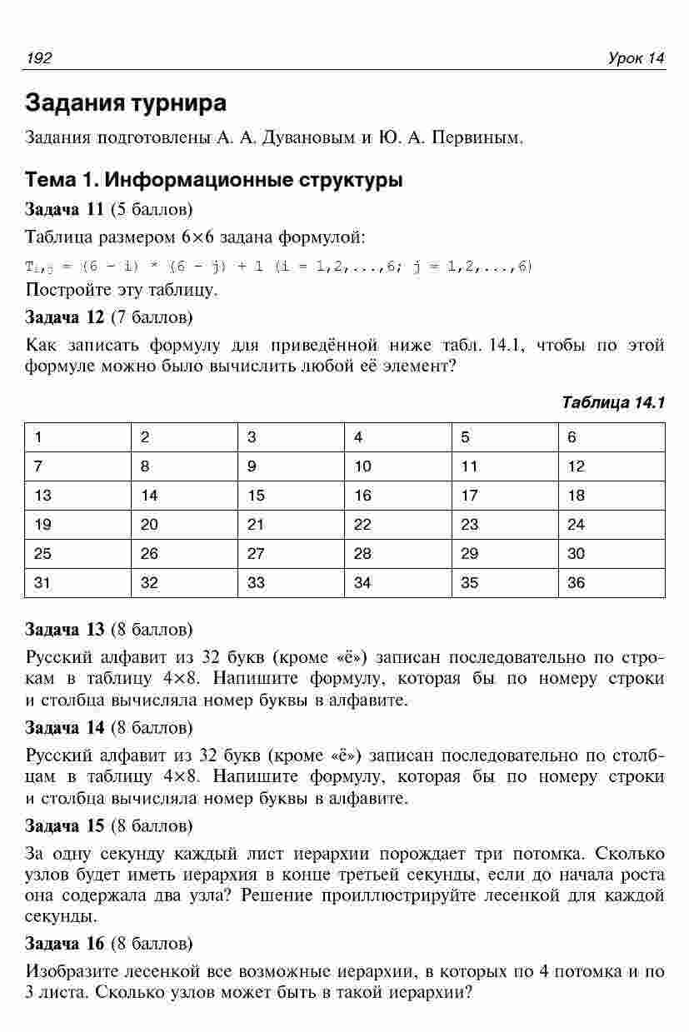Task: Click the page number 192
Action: click(x=39, y=57)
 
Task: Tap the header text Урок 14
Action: click(x=637, y=57)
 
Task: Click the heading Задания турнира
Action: click(x=126, y=104)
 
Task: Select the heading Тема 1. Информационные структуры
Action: click(x=214, y=180)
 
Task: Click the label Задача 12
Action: click(x=65, y=317)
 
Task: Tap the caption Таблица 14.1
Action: click(x=613, y=403)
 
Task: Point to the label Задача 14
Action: click(x=65, y=728)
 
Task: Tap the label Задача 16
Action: click(x=65, y=944)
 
